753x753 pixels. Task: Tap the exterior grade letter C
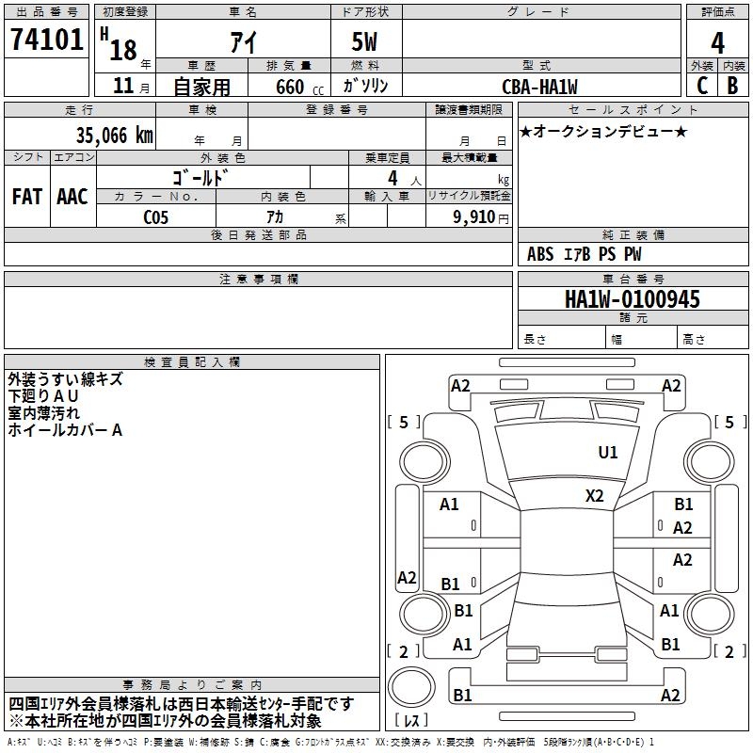tap(701, 85)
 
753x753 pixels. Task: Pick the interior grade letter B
tap(732, 85)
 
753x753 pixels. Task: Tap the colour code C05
tap(156, 216)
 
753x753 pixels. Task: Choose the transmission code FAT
tap(26, 196)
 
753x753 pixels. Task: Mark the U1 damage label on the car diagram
tap(608, 453)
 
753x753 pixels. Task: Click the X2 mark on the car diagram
tap(595, 495)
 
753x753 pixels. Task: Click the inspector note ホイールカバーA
tap(65, 430)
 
